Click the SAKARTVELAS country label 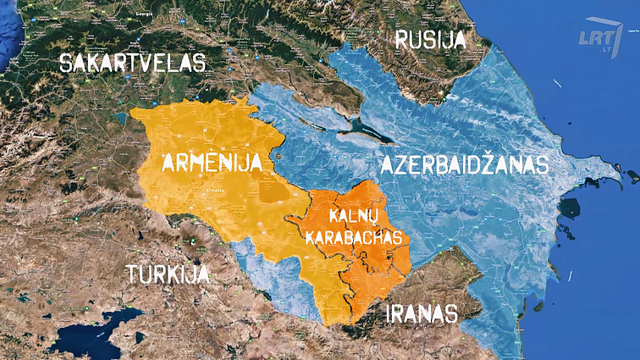pos(134,63)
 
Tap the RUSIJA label pos(430,39)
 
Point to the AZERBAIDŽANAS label pos(463,164)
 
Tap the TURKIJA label pos(167,274)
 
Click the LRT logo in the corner pos(599,40)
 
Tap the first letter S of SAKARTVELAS pos(67,63)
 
